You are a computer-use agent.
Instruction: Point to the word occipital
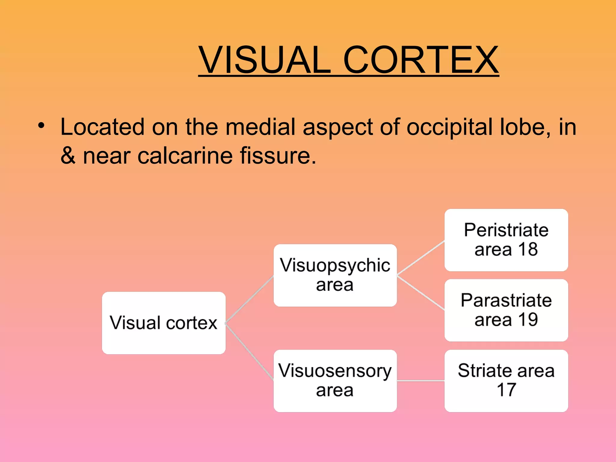(450, 127)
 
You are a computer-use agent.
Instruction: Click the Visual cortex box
(164, 323)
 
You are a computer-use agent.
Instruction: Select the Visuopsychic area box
(335, 275)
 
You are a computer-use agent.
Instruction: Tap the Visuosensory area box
(335, 380)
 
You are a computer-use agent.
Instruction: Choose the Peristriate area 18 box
(506, 240)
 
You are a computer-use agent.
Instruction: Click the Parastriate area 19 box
(506, 310)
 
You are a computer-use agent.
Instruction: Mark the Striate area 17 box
(506, 380)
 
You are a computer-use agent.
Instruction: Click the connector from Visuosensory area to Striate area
(420, 381)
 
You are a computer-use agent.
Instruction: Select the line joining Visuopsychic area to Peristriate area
(420, 258)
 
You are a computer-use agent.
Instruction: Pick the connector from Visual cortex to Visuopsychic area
(249, 300)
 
